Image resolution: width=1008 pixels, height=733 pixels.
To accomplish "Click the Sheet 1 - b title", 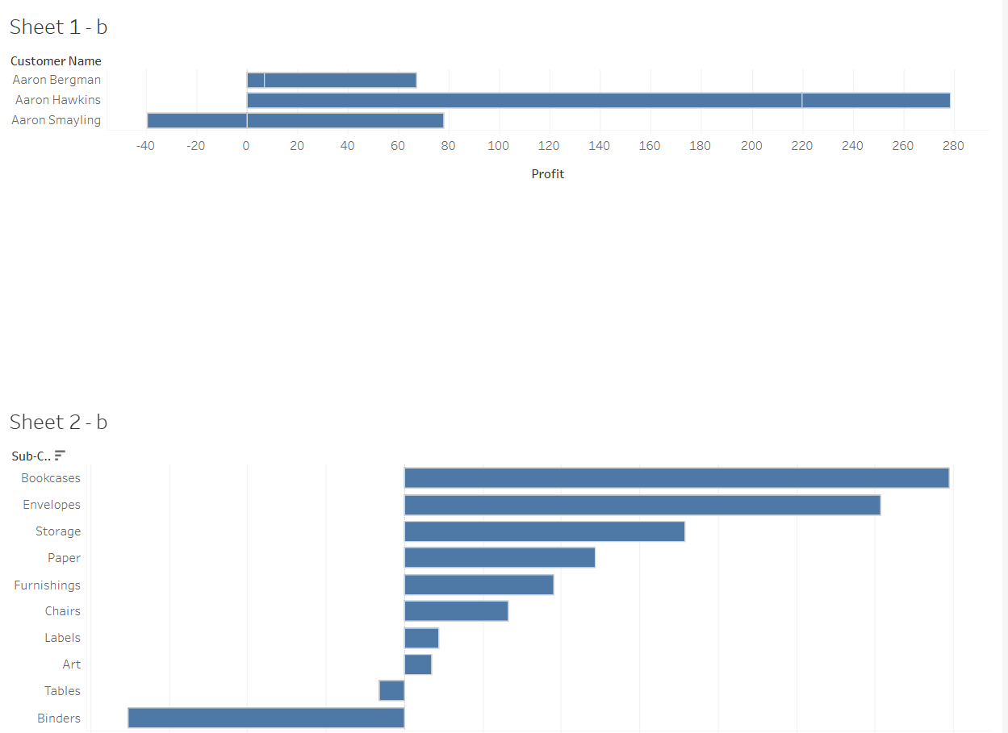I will [x=58, y=27].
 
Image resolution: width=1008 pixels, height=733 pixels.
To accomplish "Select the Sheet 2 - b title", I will [x=58, y=423].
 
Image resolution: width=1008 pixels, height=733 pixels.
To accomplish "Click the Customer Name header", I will [x=56, y=61].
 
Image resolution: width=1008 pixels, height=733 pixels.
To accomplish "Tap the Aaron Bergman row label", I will [x=56, y=80].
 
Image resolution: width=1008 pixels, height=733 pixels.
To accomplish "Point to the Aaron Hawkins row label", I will [x=58, y=100].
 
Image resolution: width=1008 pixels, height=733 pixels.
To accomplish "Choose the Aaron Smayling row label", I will [x=56, y=120].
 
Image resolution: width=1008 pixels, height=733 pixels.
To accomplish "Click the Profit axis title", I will [x=547, y=174].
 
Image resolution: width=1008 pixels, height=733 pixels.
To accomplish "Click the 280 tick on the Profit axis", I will [x=953, y=146].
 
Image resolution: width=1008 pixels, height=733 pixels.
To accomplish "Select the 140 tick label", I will [x=600, y=146].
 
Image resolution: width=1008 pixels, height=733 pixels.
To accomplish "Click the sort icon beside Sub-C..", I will [x=60, y=456].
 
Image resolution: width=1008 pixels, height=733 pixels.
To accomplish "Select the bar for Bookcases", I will [x=676, y=478].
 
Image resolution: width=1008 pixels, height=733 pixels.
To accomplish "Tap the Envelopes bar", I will [x=642, y=505].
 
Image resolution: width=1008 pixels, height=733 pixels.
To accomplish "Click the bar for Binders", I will [x=266, y=718].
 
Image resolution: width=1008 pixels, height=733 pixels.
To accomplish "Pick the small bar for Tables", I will [x=391, y=691].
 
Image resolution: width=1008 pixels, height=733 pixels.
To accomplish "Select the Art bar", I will [x=417, y=664].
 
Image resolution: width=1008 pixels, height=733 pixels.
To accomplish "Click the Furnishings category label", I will [x=47, y=585].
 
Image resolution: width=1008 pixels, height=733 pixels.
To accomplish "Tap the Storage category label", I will [x=58, y=531].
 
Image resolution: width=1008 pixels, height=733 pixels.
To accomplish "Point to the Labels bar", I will [x=421, y=638].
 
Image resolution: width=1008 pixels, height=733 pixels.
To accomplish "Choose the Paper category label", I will [x=64, y=558].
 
